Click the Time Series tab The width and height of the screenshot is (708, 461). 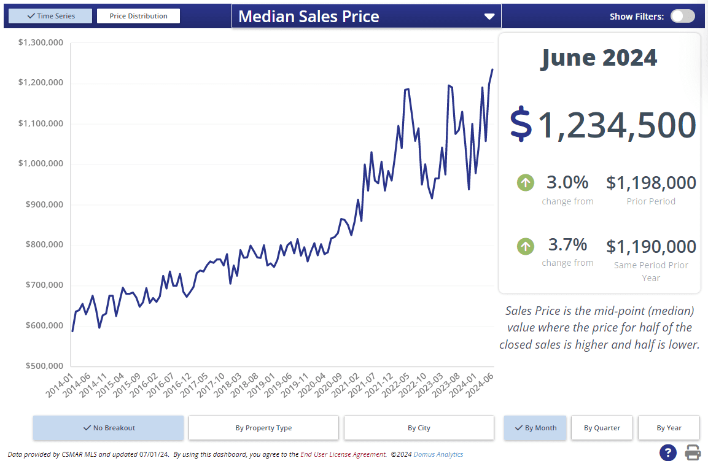tap(50, 16)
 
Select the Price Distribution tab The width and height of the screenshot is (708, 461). tap(138, 16)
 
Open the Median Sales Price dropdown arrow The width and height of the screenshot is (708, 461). tap(489, 17)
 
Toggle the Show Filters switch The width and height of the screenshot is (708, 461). tap(682, 17)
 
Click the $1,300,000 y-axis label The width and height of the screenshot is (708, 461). tap(41, 43)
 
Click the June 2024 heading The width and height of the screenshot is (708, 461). tap(599, 58)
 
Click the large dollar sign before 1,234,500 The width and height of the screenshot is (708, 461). tap(521, 124)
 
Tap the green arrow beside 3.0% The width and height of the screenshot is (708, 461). tap(526, 183)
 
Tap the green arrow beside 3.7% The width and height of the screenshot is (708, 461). tap(526, 247)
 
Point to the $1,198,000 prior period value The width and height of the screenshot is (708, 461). tap(651, 183)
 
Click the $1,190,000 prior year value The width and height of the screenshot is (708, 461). tap(651, 247)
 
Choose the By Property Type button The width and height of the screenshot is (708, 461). tap(263, 428)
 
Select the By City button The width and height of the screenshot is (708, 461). tap(419, 428)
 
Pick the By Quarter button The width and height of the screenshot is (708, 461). tap(602, 428)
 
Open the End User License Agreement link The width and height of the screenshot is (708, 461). tap(343, 455)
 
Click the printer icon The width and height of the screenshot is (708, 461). tap(693, 453)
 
